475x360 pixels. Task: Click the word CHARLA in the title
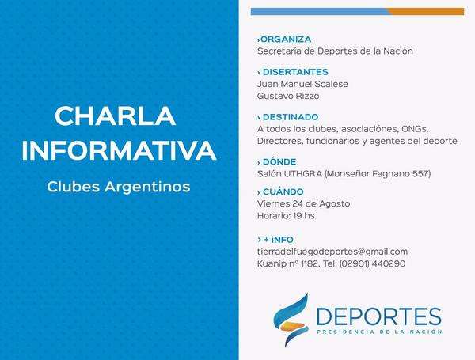tap(115, 116)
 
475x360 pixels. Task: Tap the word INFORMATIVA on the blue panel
tap(119, 150)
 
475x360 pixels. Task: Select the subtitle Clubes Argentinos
tap(119, 187)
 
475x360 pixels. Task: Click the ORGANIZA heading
tap(286, 40)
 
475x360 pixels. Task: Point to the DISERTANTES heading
tap(295, 72)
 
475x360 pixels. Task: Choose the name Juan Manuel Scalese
tap(302, 84)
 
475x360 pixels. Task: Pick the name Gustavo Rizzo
tap(288, 96)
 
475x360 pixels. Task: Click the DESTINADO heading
tap(291, 117)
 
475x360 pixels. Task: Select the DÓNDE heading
tap(279, 162)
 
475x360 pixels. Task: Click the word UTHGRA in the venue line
tap(302, 174)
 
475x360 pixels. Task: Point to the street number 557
tap(421, 174)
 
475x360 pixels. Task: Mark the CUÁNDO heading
tap(283, 192)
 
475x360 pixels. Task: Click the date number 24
tap(298, 204)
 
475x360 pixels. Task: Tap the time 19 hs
tap(304, 216)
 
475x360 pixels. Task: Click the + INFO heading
tap(279, 240)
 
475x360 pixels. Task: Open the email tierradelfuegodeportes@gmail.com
tap(332, 252)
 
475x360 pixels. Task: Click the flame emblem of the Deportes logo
tap(291, 320)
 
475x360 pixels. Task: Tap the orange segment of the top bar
tap(425, 12)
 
